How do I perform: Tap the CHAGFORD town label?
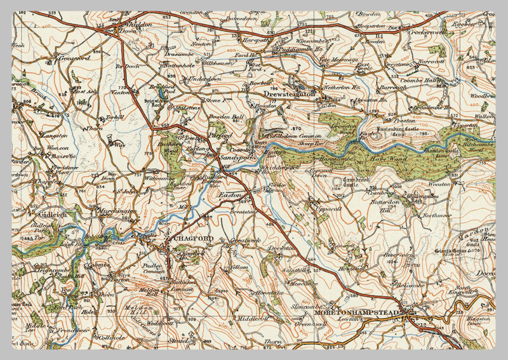(189, 238)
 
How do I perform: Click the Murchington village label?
(117, 211)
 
